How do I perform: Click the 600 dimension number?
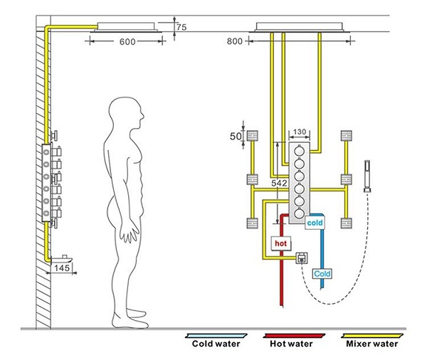point(127,42)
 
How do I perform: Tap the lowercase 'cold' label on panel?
point(315,222)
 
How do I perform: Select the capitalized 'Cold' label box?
point(322,273)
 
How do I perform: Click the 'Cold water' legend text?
point(216,344)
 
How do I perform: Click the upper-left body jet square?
point(251,134)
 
